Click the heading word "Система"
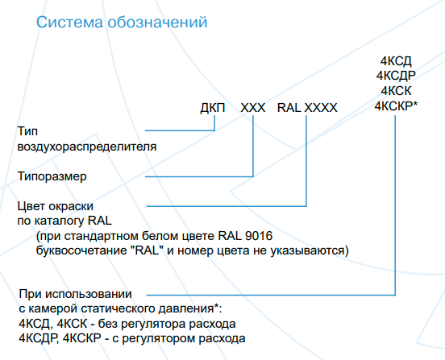(69, 22)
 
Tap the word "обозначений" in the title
(157, 22)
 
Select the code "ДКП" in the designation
(213, 108)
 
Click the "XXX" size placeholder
(253, 108)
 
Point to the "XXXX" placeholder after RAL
(321, 108)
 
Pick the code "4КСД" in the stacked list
(396, 61)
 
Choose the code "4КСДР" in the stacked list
(396, 76)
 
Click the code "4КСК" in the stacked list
(396, 91)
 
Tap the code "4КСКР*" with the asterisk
(396, 106)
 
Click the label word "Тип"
(27, 131)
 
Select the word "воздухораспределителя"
(87, 147)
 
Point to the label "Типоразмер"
(52, 176)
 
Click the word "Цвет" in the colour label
(31, 206)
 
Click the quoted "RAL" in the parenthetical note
(148, 250)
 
